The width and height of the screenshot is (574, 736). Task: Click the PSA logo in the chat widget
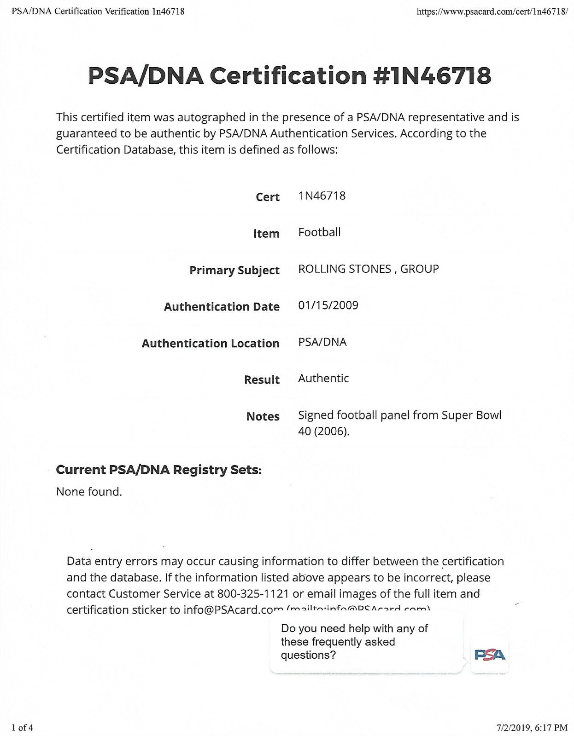tap(489, 655)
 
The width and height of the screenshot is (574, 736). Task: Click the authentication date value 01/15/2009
tap(328, 305)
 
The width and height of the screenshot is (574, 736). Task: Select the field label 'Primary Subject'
tap(234, 270)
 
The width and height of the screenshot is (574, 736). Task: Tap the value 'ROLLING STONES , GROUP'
tap(368, 269)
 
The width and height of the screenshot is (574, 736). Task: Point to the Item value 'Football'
tap(319, 232)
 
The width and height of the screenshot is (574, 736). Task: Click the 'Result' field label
tap(262, 379)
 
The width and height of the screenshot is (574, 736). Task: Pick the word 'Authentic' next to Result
tap(323, 379)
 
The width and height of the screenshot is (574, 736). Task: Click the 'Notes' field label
tap(263, 416)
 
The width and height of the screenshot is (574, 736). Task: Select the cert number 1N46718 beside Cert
tap(322, 196)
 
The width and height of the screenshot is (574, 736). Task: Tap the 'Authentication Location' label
tap(210, 343)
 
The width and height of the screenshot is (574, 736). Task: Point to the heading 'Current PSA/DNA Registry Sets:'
tap(158, 470)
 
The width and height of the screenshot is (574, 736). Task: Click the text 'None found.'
tap(89, 492)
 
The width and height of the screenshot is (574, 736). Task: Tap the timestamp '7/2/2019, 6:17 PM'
tap(532, 727)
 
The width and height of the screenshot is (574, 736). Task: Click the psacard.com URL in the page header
tap(492, 11)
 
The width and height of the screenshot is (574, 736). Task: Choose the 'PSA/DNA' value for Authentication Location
tap(322, 342)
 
